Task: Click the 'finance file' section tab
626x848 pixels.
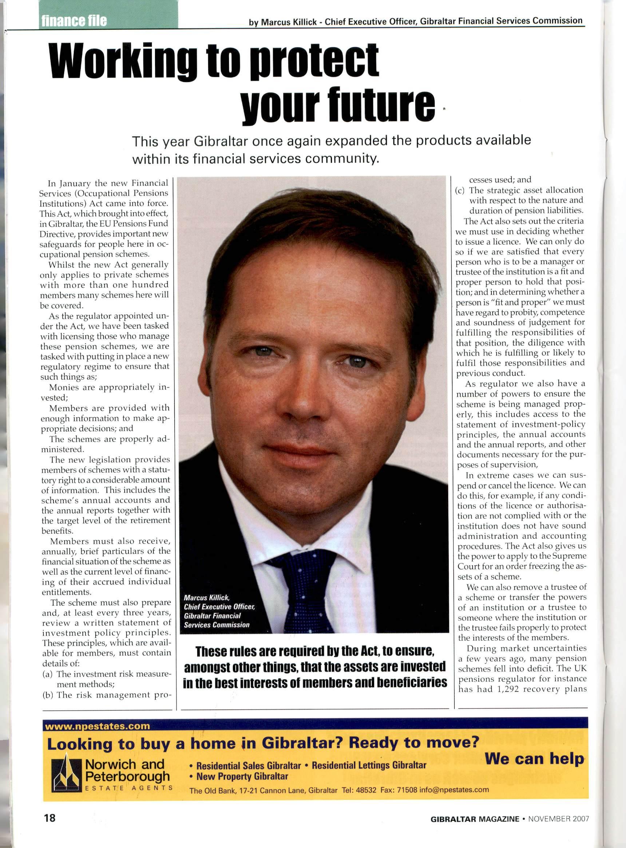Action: (x=74, y=20)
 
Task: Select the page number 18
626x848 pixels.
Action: (x=49, y=818)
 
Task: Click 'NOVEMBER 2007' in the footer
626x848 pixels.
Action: (x=559, y=819)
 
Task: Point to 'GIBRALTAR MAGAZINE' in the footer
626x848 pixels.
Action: (x=475, y=819)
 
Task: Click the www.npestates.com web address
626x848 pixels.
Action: (x=98, y=726)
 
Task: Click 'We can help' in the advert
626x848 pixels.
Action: (x=534, y=758)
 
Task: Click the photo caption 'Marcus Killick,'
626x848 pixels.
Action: (x=207, y=598)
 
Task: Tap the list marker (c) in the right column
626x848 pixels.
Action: (x=460, y=191)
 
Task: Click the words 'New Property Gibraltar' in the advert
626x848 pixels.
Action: (x=242, y=776)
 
